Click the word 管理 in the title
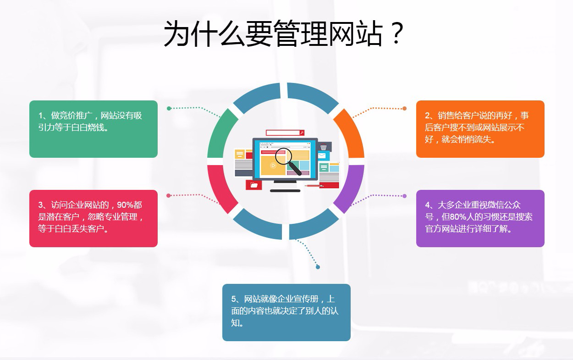click(301, 33)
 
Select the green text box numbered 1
click(94, 129)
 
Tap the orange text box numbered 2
click(480, 129)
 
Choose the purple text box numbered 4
click(480, 218)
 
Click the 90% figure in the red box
click(125, 205)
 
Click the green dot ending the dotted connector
click(169, 109)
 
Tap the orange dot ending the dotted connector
click(404, 109)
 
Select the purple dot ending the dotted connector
click(404, 196)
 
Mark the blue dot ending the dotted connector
click(318, 267)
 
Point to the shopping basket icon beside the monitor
click(324, 147)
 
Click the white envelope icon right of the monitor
click(322, 155)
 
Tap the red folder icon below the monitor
click(254, 185)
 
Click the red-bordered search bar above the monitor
click(285, 133)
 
